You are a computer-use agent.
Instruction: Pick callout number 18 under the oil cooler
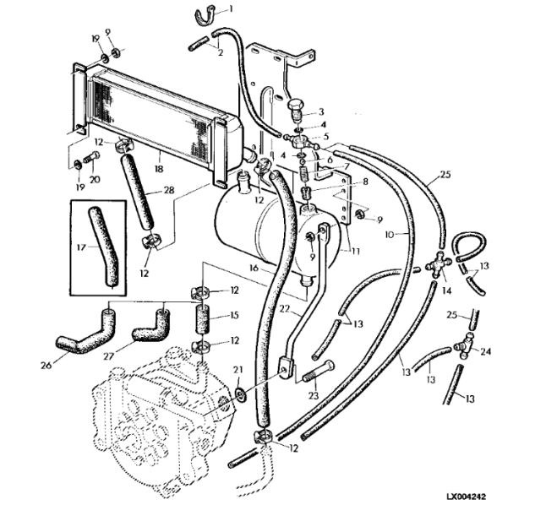click(x=159, y=170)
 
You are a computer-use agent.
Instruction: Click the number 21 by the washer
click(x=238, y=370)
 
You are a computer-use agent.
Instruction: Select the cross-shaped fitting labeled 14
click(x=439, y=267)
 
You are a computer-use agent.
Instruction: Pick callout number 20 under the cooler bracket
click(x=95, y=179)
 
